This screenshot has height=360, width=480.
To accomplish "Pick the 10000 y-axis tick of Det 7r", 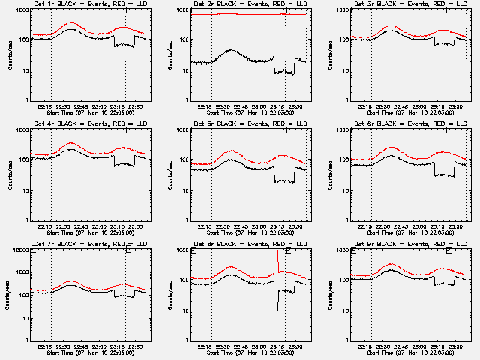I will coord(20,250).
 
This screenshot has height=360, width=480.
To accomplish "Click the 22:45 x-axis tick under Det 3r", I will coord(401,106).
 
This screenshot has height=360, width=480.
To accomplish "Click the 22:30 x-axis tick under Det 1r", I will coord(64,106).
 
